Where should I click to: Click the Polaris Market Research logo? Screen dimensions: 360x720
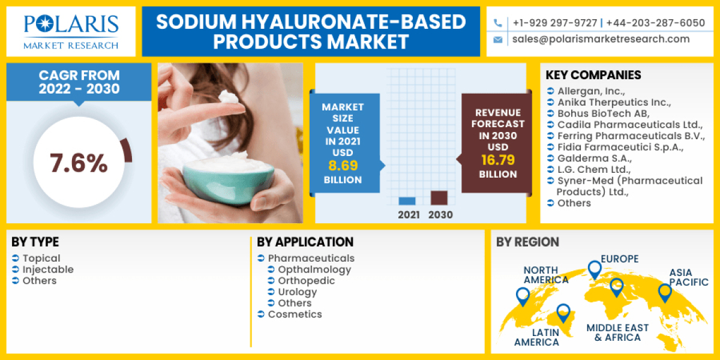(x=71, y=32)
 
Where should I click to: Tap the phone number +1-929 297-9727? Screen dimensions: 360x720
(x=554, y=23)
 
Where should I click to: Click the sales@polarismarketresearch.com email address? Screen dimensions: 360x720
(x=601, y=39)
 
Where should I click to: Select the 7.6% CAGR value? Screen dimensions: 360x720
(x=79, y=163)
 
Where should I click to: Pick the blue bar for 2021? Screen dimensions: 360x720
(x=407, y=201)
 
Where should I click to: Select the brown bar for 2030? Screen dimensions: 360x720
(x=439, y=198)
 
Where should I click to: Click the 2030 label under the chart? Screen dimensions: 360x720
(x=440, y=214)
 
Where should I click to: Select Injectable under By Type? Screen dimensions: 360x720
(x=48, y=269)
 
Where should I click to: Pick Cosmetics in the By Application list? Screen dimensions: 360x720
(x=295, y=314)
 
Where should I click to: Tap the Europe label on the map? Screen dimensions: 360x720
(x=619, y=259)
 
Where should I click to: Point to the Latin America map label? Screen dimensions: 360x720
(x=536, y=337)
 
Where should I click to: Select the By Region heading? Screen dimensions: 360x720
(x=527, y=242)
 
